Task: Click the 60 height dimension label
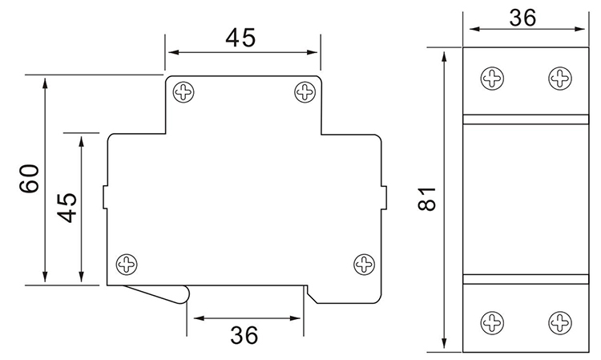[30, 179]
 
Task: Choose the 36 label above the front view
[522, 17]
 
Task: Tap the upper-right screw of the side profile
[304, 91]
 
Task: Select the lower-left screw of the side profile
[127, 263]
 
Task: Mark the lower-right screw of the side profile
[365, 263]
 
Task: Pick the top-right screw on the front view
[559, 78]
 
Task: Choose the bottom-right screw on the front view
[559, 322]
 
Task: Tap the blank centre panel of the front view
[524, 199]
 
